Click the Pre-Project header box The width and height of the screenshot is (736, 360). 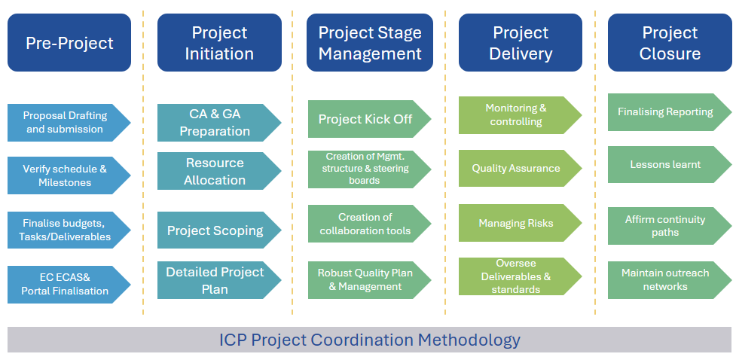pyautogui.click(x=69, y=43)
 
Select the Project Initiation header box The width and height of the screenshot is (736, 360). pyautogui.click(x=219, y=43)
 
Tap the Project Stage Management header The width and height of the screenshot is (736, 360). pyautogui.click(x=370, y=43)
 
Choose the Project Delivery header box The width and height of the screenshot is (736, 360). pyautogui.click(x=521, y=43)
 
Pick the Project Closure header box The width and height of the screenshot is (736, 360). pyautogui.click(x=670, y=43)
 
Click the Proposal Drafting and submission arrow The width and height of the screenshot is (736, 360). pyautogui.click(x=69, y=123)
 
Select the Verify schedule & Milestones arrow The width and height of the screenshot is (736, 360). pyautogui.click(x=69, y=175)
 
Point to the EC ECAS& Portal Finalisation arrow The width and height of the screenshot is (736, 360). pyautogui.click(x=69, y=285)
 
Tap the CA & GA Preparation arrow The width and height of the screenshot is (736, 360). pyautogui.click(x=219, y=123)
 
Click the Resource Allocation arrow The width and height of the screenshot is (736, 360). pyautogui.click(x=219, y=171)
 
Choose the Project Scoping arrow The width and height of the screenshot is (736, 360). pyautogui.click(x=219, y=230)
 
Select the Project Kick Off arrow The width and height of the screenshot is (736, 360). pyautogui.click(x=369, y=119)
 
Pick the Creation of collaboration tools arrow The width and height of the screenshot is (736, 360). pyautogui.click(x=369, y=224)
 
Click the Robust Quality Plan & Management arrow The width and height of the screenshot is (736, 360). pyautogui.click(x=369, y=279)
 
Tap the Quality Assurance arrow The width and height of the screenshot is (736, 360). pyautogui.click(x=520, y=168)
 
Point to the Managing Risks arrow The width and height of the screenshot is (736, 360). pyautogui.click(x=520, y=223)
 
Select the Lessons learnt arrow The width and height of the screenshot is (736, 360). pyautogui.click(x=670, y=164)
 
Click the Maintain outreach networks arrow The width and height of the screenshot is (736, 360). pyautogui.click(x=670, y=279)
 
